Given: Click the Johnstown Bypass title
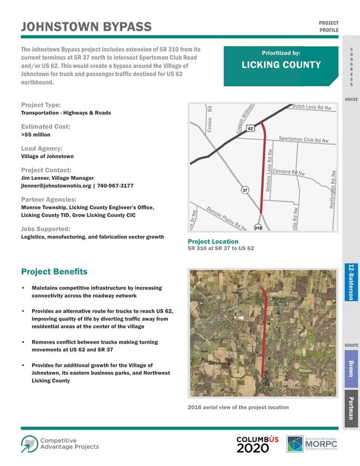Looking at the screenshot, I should point(86,27).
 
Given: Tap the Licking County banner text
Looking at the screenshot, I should point(281,65).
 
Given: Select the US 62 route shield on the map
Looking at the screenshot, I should point(251,128).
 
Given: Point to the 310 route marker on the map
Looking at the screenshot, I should point(258,227).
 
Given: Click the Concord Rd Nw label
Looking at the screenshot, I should point(289,172).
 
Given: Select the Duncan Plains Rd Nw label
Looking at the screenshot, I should point(227,218).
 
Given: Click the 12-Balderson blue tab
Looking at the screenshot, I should point(351,282).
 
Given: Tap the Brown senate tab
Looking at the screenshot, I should point(351,369).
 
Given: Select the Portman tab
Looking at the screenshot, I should point(351,408).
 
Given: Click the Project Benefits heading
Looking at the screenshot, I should point(54,272).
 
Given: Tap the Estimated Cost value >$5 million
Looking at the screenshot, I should point(35,134).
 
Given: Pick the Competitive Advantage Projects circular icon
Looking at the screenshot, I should point(29,443).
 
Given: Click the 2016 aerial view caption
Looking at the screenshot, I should point(239,407).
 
